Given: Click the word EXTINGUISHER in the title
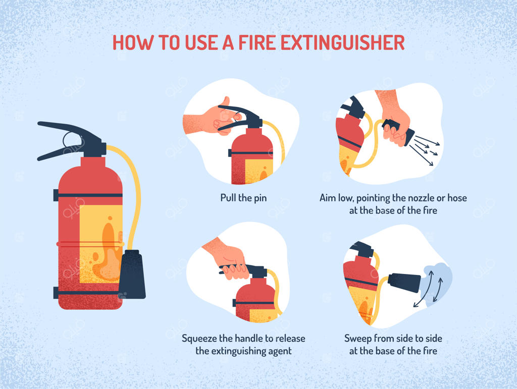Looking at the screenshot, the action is (343, 42).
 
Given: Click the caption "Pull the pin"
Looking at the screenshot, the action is (243, 198).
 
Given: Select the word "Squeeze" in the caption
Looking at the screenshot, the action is (199, 339).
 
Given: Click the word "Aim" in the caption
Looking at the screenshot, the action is (327, 198).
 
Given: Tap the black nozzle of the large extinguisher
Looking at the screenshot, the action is (132, 274).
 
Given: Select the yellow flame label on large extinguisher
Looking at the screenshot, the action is (101, 244).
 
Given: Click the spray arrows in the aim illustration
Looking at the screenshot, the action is (425, 150).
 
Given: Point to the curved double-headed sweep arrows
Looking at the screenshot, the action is (429, 288).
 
